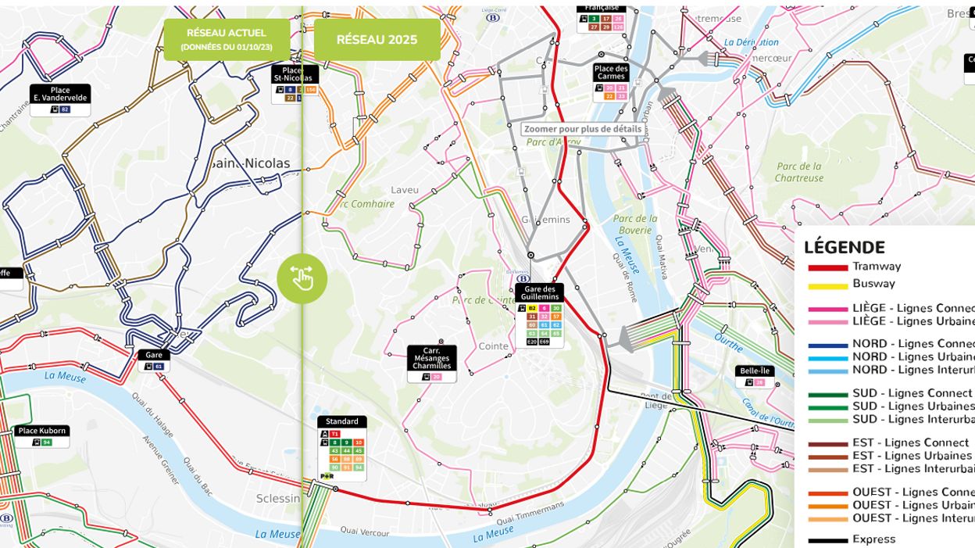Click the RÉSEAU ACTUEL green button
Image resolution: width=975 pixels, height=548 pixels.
[227, 39]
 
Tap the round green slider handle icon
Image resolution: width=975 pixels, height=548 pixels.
[302, 278]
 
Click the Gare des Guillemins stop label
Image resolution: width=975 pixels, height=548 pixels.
[539, 292]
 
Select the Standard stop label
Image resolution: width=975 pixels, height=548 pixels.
[342, 421]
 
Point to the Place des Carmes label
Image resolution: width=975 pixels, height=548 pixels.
[611, 73]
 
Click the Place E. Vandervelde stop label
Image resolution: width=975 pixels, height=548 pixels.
[60, 94]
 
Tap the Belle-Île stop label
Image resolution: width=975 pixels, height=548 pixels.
[755, 371]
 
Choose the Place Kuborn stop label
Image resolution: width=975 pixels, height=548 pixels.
[42, 431]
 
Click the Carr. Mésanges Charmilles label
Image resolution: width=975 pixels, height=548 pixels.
[431, 358]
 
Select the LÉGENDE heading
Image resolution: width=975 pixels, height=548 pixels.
[844, 247]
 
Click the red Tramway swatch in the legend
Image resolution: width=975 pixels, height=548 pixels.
[827, 267]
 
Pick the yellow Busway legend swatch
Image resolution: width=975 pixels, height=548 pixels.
[827, 285]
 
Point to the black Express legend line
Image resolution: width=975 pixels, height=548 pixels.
[827, 540]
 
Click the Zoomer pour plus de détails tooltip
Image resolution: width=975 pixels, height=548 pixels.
[583, 129]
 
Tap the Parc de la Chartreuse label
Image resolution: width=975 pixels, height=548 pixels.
[798, 172]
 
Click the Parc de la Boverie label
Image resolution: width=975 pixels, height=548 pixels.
[635, 224]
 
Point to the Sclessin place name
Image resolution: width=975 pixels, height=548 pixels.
[278, 499]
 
